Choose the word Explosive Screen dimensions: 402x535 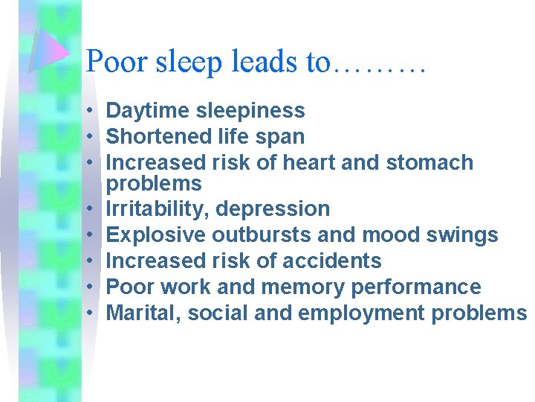point(156,235)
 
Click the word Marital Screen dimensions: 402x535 point(143,313)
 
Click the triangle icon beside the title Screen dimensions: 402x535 point(48,49)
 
